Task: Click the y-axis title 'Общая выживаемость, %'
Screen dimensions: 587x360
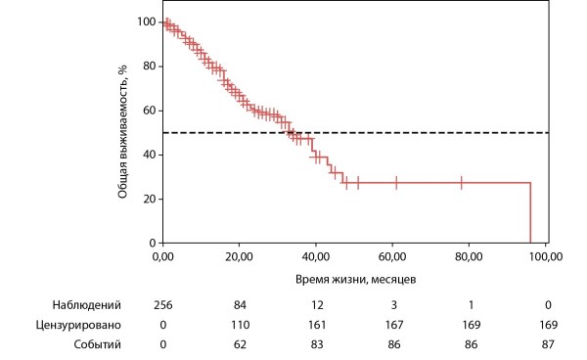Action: (123, 132)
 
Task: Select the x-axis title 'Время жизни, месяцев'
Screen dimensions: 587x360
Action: (356, 279)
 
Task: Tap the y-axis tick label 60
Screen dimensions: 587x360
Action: (149, 111)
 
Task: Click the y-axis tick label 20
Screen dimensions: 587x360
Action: (149, 199)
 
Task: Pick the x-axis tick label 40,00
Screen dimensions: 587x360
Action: (316, 256)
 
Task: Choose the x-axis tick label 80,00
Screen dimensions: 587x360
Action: (469, 256)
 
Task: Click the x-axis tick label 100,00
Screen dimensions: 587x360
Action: (546, 256)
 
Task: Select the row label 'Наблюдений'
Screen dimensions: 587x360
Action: (86, 305)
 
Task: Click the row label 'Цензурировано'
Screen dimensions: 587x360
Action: (78, 325)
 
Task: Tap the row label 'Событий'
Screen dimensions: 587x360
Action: (97, 344)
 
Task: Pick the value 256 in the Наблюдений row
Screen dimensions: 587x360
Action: (163, 305)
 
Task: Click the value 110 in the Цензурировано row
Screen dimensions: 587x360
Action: (240, 325)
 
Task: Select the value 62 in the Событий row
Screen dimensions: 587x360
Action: (240, 344)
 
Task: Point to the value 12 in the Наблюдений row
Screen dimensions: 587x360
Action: (317, 305)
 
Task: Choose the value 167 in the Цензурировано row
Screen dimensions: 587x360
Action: (394, 325)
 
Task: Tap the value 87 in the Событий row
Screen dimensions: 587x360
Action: (548, 344)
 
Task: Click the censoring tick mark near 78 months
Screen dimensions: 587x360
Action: (461, 183)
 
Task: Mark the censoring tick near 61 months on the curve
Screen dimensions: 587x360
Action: (396, 183)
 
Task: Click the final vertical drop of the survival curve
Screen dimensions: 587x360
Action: (530, 212)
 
